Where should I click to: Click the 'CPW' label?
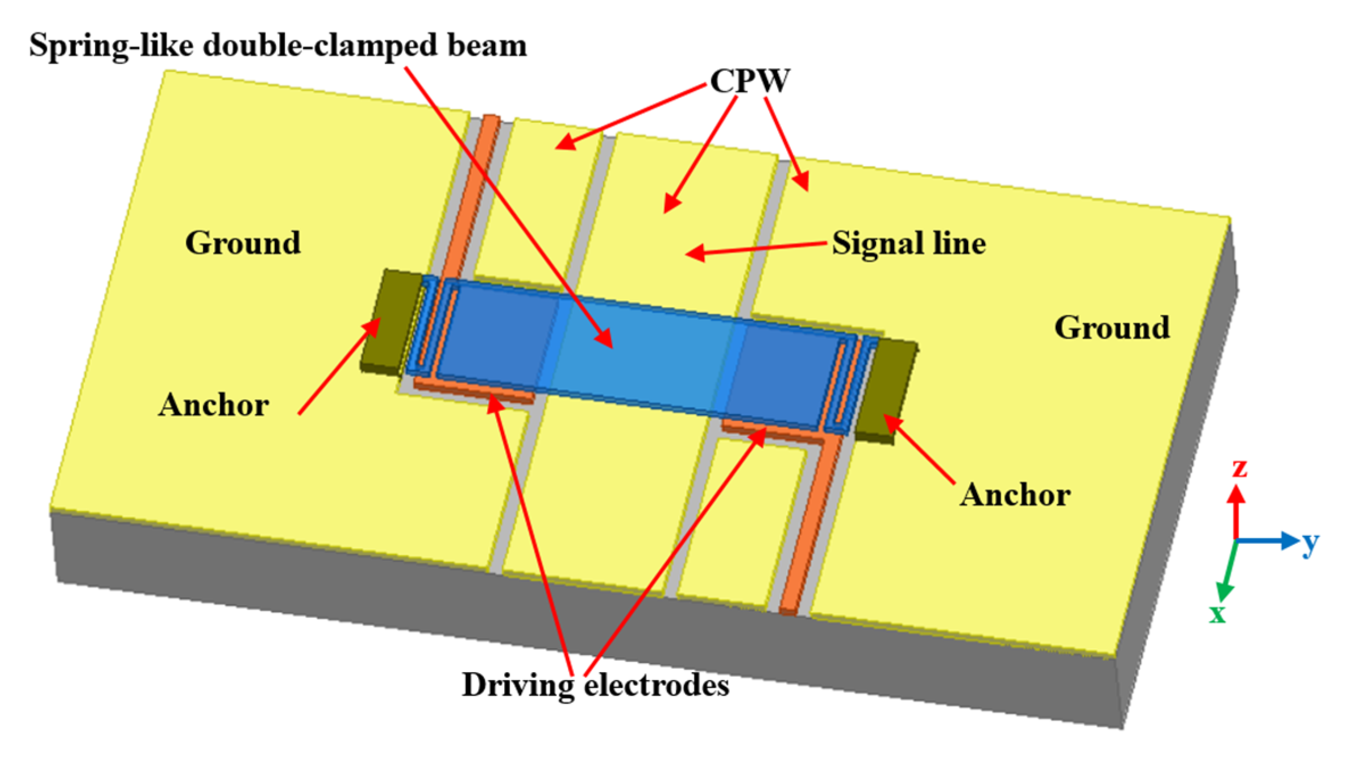coord(750,81)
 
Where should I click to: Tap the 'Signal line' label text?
coord(909,244)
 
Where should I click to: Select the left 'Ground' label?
coord(243,243)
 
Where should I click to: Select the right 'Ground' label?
coord(1112,327)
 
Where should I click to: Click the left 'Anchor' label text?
coord(214,405)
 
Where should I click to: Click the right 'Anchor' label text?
coord(1015,494)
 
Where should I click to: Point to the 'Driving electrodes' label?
coord(595,685)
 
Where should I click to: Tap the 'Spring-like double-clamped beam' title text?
coord(278,45)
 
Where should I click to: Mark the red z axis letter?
coord(1240,469)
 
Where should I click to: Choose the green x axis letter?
coord(1217,614)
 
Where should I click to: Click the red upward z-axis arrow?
coord(1236,511)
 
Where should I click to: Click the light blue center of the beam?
coord(642,352)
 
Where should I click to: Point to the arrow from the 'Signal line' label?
coord(756,249)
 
